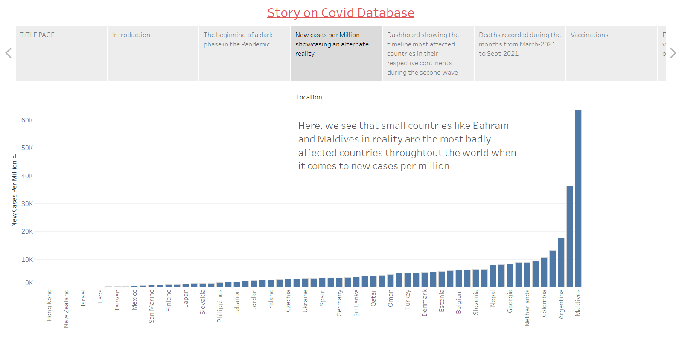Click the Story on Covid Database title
(x=341, y=13)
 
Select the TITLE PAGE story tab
(x=61, y=53)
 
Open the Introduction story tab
(x=153, y=53)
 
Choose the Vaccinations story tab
(x=611, y=53)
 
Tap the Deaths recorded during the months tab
(x=519, y=53)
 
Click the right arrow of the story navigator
(x=673, y=53)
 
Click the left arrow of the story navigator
(x=8, y=53)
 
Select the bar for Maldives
(x=578, y=198)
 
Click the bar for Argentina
(x=561, y=262)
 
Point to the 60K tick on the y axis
(x=27, y=120)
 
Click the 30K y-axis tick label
(x=27, y=204)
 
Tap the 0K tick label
(x=29, y=283)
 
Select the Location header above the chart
(x=309, y=97)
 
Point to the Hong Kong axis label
(x=49, y=305)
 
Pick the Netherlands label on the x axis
(x=527, y=308)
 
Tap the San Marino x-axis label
(x=152, y=306)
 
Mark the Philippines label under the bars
(x=220, y=306)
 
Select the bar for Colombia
(x=544, y=272)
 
